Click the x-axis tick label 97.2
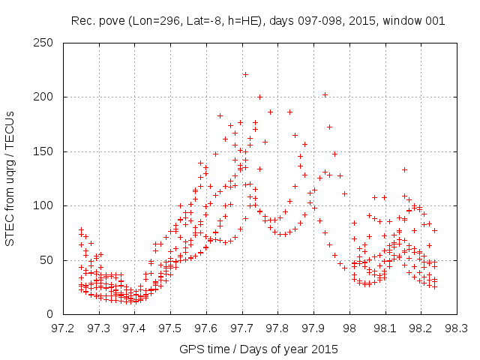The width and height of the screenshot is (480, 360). [x=62, y=328]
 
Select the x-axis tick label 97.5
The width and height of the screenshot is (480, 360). [x=170, y=328]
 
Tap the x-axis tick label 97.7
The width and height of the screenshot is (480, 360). [x=241, y=328]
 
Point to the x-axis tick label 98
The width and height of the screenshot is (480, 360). [x=349, y=328]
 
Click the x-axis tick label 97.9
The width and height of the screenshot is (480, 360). [x=313, y=328]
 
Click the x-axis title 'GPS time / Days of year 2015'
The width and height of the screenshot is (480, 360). [x=259, y=349]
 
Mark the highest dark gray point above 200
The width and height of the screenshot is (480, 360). [x=245, y=74]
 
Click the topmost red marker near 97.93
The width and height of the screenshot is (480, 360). [x=325, y=95]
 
